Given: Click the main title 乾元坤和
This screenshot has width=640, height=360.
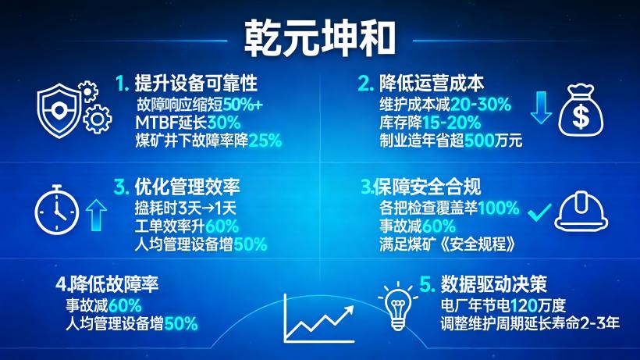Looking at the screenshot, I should pos(321,36).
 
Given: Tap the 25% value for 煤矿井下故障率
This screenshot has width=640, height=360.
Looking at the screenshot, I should pos(265,141).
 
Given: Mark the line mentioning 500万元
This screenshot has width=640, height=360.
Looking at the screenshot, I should pos(450,141).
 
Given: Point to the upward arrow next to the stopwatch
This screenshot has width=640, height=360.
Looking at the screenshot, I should pos(95,214).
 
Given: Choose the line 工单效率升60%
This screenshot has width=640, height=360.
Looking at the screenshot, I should pos(187,226).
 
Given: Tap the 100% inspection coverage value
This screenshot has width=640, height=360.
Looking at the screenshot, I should pos(499,209).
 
